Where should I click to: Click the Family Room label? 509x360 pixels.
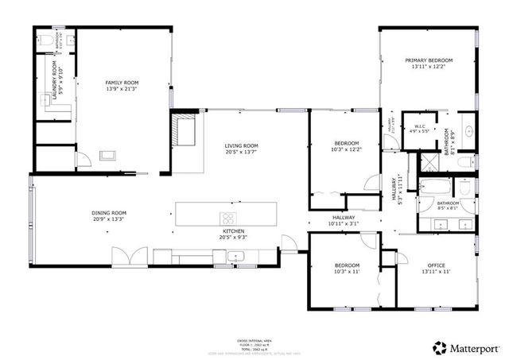(122, 83)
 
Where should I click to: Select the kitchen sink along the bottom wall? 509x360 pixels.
(235, 256)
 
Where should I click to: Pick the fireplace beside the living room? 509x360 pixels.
(185, 132)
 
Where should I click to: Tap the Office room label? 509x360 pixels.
(435, 265)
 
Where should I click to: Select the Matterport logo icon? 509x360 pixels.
(438, 346)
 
